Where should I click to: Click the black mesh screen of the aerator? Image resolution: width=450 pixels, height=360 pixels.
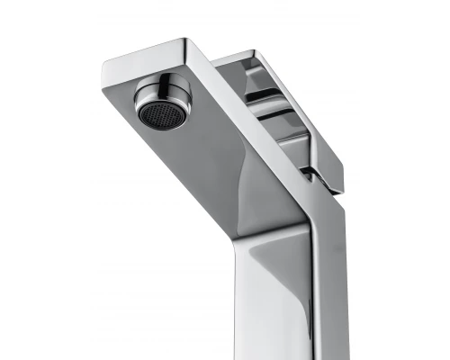(159, 112)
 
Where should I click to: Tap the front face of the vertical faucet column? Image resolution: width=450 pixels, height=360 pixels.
(279, 306)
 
